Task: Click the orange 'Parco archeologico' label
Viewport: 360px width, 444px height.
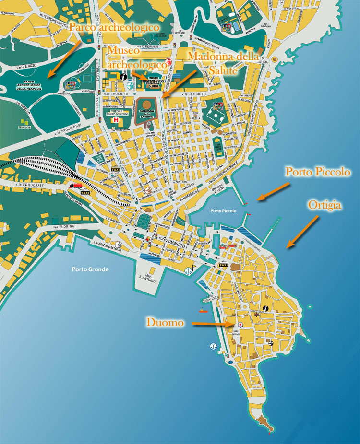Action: click(114, 27)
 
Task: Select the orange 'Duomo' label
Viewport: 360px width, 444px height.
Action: click(165, 323)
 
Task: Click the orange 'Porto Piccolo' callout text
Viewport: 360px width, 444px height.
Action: click(318, 171)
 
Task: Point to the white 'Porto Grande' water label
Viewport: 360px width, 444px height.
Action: click(90, 269)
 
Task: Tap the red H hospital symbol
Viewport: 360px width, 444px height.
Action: click(115, 120)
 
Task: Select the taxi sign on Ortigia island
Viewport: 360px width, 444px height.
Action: click(223, 265)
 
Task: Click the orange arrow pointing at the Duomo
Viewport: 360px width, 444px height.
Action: click(211, 325)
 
